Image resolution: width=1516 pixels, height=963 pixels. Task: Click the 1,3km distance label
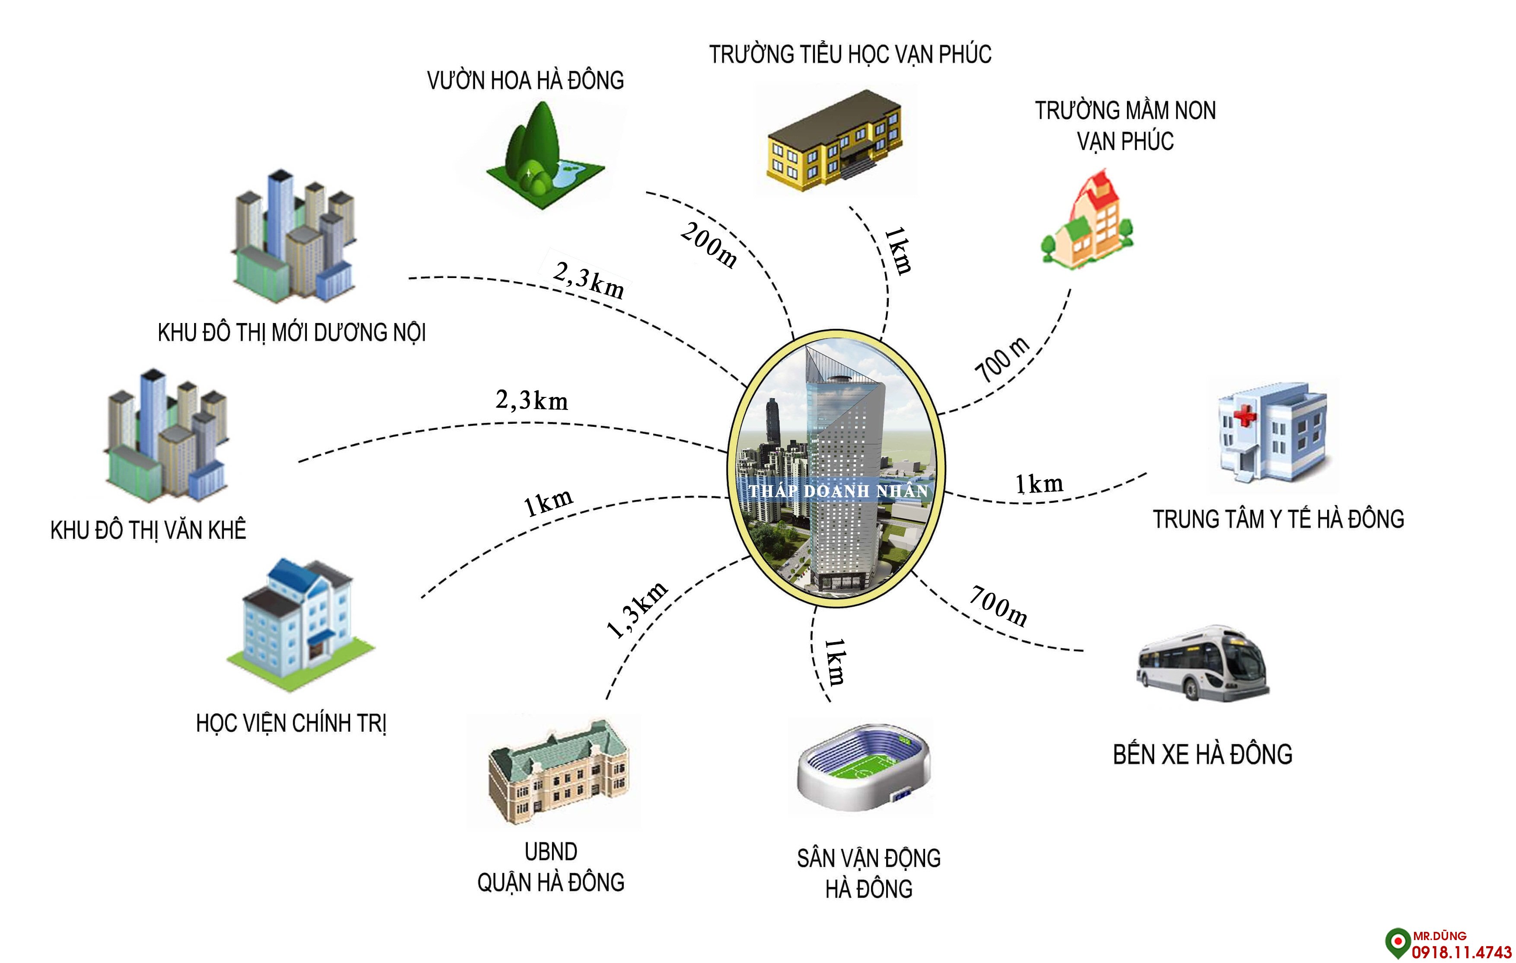636,610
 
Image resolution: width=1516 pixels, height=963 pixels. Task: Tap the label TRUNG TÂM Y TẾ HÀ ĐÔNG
1278,520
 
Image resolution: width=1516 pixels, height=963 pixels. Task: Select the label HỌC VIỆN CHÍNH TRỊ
291,723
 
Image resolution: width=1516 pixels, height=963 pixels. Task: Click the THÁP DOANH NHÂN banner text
838,491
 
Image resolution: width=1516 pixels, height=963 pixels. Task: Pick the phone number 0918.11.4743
1461,952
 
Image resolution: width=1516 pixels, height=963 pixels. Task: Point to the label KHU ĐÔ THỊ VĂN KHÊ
148,530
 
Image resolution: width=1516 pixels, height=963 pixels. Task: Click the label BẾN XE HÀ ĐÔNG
1203,755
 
